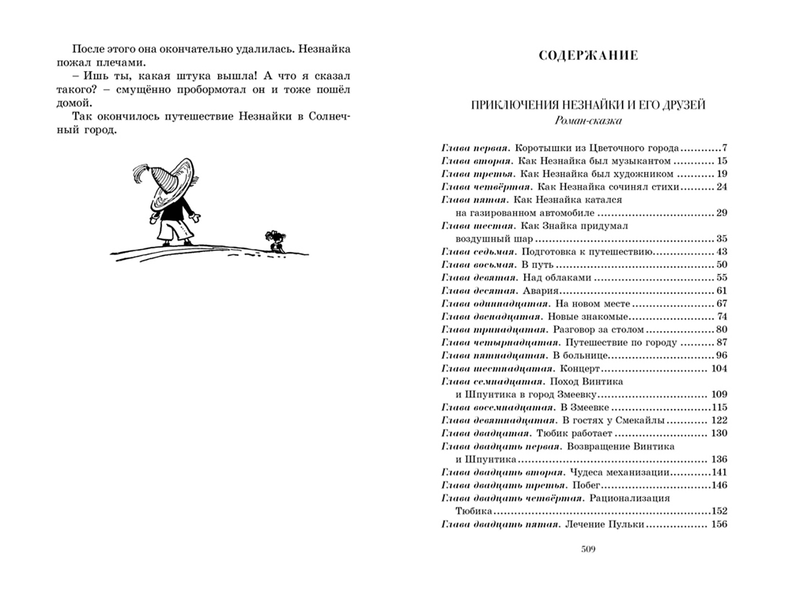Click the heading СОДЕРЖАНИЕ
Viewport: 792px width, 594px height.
588,56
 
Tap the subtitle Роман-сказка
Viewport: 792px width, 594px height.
588,120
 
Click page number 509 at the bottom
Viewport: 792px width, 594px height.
588,549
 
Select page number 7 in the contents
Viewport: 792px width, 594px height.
724,148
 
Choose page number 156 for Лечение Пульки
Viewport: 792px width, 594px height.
719,524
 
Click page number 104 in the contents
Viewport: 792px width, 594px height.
719,369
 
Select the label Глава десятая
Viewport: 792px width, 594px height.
479,291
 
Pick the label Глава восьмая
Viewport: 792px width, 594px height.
479,265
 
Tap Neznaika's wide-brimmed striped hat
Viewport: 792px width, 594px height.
174,179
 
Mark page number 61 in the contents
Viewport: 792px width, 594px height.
722,291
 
